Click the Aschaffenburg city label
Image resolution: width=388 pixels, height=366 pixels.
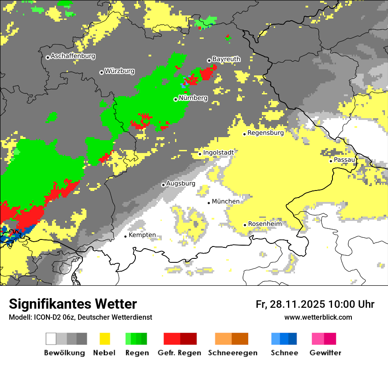tap(73, 56)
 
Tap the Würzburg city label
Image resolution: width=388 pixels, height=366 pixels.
tap(119, 71)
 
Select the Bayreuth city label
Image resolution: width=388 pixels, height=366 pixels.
tap(226, 59)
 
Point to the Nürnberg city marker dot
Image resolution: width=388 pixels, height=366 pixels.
tap(175, 99)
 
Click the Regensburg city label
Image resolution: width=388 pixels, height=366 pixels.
tap(265, 133)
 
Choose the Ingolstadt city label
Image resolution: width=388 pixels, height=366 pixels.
tap(218, 153)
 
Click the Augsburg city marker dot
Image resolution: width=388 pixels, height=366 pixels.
tap(163, 185)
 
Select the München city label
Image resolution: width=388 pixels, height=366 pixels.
tap(226, 202)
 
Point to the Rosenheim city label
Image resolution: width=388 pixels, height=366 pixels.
tap(265, 224)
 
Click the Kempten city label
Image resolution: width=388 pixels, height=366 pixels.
tap(142, 235)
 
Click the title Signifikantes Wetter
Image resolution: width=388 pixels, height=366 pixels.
tap(73, 304)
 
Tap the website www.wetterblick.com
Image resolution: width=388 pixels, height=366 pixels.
tap(318, 317)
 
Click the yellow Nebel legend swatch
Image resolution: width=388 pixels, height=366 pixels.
tap(104, 339)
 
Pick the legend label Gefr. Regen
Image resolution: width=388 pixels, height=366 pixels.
tap(179, 353)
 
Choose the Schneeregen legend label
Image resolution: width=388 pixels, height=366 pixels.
tap(232, 353)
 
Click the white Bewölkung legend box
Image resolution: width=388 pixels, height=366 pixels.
tap(51, 339)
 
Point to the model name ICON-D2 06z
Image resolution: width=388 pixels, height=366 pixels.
tap(51, 317)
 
